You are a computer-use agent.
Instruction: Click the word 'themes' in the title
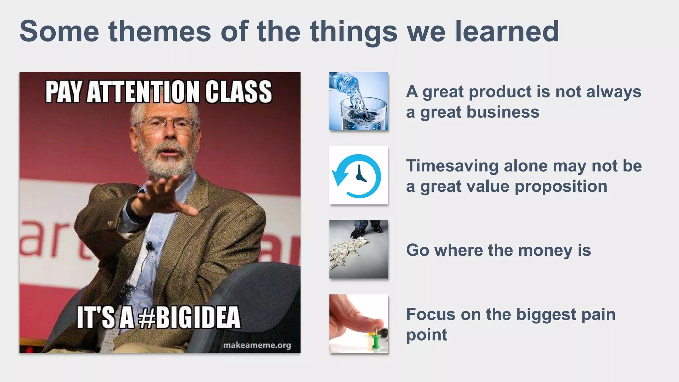tap(159, 31)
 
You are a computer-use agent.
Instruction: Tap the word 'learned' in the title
tap(507, 31)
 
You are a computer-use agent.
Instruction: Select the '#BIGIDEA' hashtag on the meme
tap(189, 317)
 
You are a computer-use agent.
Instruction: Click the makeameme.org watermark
tap(257, 345)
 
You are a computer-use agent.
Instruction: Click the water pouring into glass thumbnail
tap(358, 101)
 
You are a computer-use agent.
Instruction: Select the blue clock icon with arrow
tap(358, 176)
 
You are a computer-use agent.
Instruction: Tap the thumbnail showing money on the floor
tap(358, 249)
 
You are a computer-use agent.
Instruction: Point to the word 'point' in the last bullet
tap(427, 335)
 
